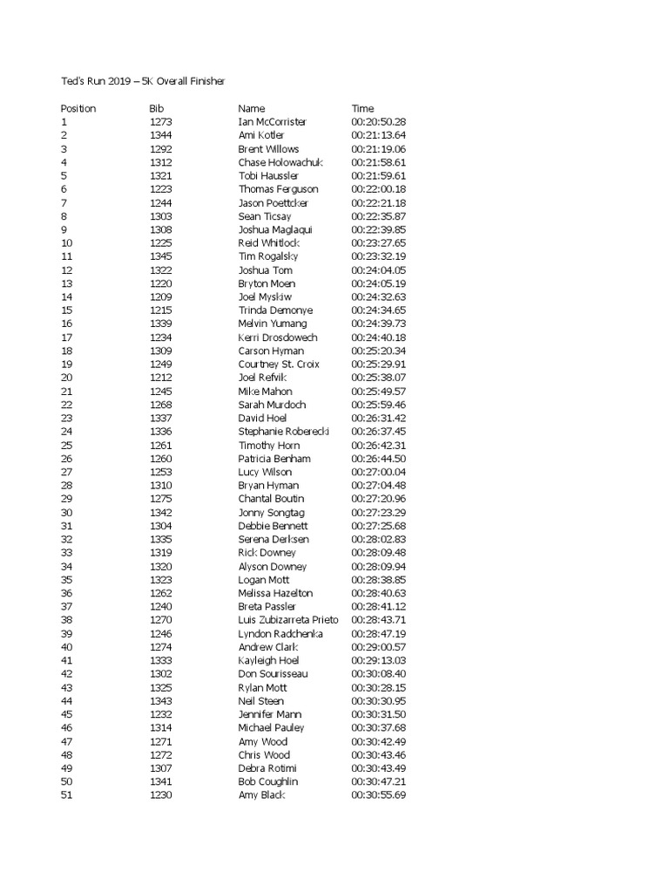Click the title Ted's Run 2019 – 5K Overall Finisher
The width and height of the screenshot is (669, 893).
point(143,81)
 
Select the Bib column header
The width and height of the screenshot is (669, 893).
point(157,108)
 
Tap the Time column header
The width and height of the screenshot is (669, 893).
point(362,108)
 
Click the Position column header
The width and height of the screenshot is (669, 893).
point(78,108)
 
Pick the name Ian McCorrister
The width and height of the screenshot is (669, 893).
point(273,122)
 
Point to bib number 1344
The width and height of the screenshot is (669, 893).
point(161,135)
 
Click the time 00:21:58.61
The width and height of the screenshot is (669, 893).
point(379,162)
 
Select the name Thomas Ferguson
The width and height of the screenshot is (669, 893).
point(278,189)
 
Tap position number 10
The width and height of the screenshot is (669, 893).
point(67,242)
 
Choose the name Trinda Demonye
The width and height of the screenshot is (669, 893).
point(275,310)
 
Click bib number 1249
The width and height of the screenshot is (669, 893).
point(161,364)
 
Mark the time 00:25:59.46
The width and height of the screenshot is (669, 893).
point(379,405)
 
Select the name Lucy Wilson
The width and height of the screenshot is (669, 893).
point(265,472)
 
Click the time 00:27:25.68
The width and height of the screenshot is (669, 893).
point(379,526)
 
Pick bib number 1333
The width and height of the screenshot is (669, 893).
point(161,660)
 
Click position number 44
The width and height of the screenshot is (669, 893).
point(67,700)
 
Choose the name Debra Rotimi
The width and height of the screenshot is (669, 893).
point(267,768)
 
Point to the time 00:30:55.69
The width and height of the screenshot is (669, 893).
point(379,795)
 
